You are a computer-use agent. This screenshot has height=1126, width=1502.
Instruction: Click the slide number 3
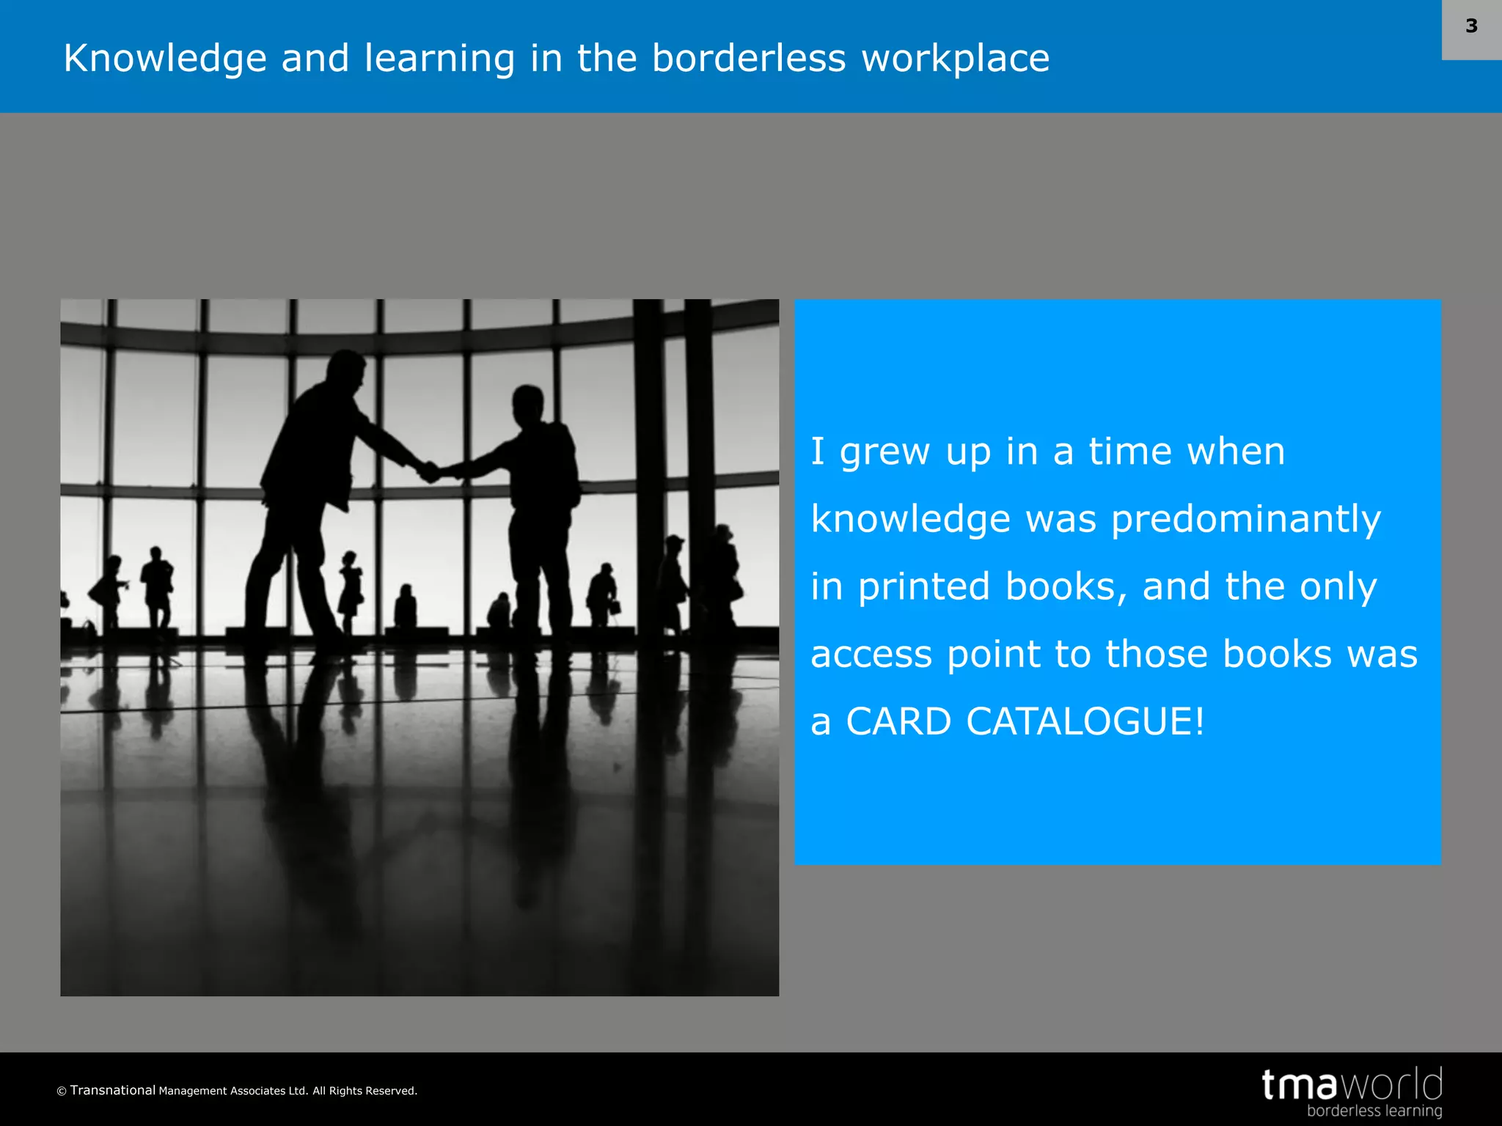pyautogui.click(x=1471, y=26)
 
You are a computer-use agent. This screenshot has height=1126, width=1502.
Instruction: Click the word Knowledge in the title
pyautogui.click(x=165, y=59)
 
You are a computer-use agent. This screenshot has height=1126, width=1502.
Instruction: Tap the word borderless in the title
pyautogui.click(x=748, y=59)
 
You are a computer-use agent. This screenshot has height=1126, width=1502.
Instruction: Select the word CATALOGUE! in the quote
pyautogui.click(x=1085, y=721)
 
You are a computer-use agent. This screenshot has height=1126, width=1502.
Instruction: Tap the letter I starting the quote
pyautogui.click(x=818, y=451)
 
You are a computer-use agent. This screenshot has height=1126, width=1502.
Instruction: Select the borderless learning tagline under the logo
pyautogui.click(x=1374, y=1111)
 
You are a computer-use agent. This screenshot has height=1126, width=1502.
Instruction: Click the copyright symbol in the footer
pyautogui.click(x=62, y=1092)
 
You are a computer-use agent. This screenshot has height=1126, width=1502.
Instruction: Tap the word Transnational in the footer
pyautogui.click(x=113, y=1090)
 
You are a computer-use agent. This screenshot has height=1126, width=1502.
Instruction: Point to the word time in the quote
pyautogui.click(x=1129, y=452)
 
